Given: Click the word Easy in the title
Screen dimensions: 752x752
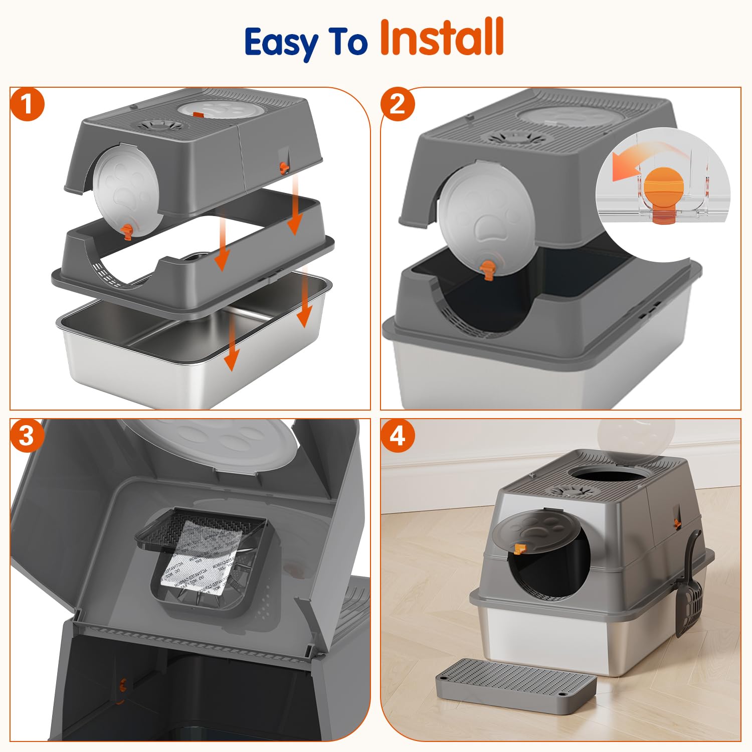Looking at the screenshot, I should [281, 42].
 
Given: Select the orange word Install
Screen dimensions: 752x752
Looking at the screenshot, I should [442, 37].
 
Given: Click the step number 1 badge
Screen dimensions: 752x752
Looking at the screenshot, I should [27, 104].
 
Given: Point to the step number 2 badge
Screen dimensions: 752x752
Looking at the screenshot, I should [397, 104].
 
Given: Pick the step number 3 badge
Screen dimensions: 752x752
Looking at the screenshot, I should [27, 435].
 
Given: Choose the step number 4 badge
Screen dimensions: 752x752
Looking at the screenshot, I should [397, 435].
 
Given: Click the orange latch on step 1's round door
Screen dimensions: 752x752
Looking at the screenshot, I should [128, 231].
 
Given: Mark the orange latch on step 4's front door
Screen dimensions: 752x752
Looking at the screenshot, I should [519, 548].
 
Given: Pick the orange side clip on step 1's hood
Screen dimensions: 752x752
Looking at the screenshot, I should [285, 166].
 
